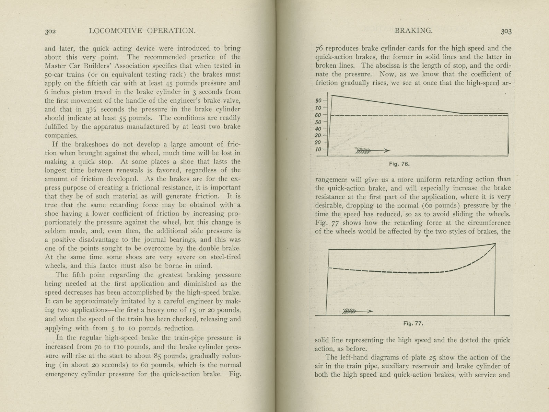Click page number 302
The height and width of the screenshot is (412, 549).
[x=50, y=32]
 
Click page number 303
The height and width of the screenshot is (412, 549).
[x=506, y=32]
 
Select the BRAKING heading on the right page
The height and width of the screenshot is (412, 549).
[x=413, y=31]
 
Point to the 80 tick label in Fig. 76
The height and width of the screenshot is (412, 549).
[x=318, y=101]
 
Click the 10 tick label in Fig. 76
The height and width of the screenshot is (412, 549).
[x=318, y=149]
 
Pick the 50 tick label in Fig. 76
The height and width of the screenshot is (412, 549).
[x=318, y=122]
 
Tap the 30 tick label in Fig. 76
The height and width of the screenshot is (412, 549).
[x=318, y=136]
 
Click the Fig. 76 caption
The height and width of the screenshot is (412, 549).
[x=399, y=164]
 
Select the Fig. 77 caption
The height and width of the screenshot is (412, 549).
[x=413, y=323]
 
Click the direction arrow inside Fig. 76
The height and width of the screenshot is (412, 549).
[x=372, y=150]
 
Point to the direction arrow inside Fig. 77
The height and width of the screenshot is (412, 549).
[x=358, y=311]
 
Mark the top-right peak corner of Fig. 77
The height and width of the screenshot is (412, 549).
[x=495, y=243]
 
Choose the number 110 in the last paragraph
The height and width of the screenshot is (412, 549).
[x=120, y=347]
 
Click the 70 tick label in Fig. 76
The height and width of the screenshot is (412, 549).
[x=318, y=108]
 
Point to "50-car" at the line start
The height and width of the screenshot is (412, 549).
[x=56, y=75]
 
